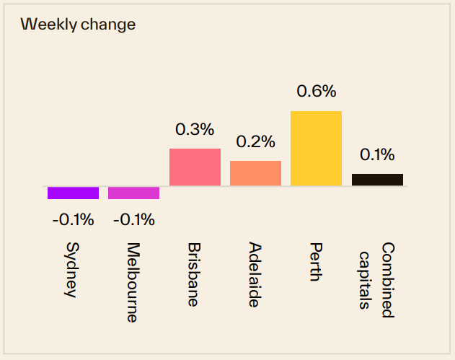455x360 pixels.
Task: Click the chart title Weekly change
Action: click(x=78, y=24)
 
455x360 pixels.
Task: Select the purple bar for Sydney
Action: click(x=73, y=193)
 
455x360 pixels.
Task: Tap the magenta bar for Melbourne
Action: click(x=133, y=193)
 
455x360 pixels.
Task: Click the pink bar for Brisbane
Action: click(x=195, y=167)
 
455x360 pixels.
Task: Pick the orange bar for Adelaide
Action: click(x=255, y=173)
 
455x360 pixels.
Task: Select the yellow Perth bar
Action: click(x=316, y=149)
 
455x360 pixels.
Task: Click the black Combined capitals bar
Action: click(x=377, y=180)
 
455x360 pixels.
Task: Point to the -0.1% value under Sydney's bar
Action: click(x=73, y=220)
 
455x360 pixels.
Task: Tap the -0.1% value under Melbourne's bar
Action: click(x=133, y=220)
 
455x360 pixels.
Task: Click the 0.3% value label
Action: click(x=195, y=130)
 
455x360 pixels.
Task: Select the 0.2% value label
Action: click(x=255, y=142)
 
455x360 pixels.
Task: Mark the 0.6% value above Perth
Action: click(x=316, y=92)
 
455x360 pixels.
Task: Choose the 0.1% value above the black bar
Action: click(x=377, y=154)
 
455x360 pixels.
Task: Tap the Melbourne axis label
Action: click(x=133, y=281)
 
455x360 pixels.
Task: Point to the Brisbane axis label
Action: click(x=194, y=274)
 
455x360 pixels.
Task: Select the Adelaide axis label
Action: click(x=255, y=275)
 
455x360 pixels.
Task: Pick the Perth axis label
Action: click(x=315, y=262)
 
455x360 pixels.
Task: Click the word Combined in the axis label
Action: click(x=387, y=280)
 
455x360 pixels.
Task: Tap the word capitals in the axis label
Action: click(x=366, y=280)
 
